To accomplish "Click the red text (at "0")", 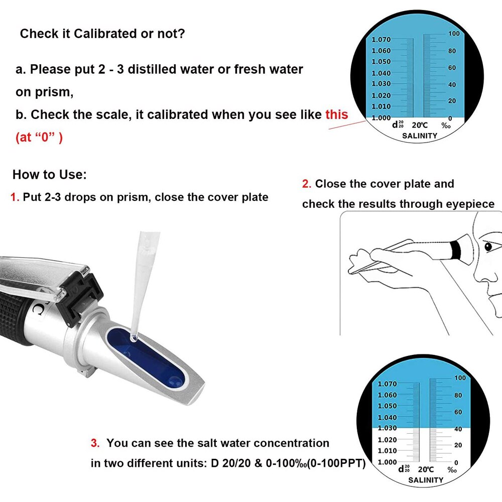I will coord(39,137).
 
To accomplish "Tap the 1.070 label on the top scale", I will coord(381,40).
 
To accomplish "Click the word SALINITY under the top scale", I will coord(420,136).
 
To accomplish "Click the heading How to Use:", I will coord(49,175).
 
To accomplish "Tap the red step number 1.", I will coord(15,197).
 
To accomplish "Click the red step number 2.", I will coord(306,184).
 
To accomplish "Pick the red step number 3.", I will coord(95,443).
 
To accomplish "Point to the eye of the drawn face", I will coord(488,247).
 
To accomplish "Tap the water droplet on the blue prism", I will coord(134,339).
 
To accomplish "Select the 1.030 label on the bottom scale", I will coord(387,428).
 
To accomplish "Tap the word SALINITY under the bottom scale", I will coord(426,480).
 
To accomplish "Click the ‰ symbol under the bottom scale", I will coord(452,470).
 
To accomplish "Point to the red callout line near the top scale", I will coord(346,124).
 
